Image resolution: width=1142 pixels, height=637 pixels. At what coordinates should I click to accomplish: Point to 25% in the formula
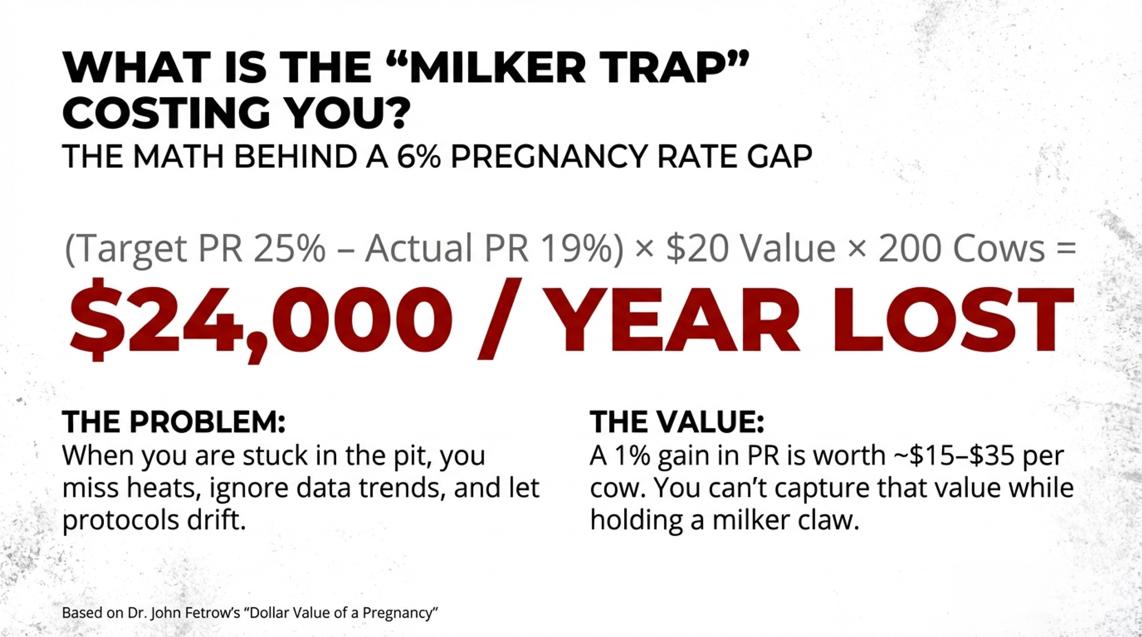click(289, 249)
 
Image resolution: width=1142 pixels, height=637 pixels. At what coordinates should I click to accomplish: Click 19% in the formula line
click(576, 249)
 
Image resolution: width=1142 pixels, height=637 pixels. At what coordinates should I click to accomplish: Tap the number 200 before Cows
click(911, 249)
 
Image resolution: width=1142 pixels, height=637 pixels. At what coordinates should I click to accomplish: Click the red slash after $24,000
click(499, 319)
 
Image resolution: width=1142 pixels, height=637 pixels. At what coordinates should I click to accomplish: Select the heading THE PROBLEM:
click(174, 422)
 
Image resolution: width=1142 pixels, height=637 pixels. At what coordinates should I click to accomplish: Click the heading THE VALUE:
click(677, 422)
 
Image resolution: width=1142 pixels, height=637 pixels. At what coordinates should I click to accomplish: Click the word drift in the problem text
click(212, 520)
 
